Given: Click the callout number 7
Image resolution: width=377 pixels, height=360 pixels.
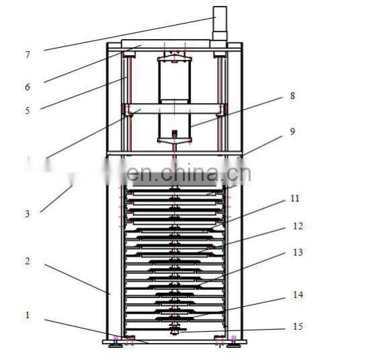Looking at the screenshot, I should point(28,55).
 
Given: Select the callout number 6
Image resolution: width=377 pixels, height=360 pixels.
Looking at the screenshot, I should point(28,87).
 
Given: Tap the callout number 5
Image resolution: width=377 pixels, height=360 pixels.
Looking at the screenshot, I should point(28,110).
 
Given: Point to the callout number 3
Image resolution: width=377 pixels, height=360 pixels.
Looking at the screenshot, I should point(28,214).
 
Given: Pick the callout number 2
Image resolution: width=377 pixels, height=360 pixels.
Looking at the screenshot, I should point(28,261).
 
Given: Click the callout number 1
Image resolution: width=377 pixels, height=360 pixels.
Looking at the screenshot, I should point(28,315).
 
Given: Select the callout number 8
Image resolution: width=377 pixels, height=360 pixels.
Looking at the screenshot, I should point(292,96).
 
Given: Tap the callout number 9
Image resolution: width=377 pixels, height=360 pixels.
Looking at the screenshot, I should point(292,132).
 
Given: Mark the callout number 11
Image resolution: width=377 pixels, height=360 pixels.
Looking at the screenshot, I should point(295,199).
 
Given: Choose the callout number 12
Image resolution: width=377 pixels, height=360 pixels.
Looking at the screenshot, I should point(298,227).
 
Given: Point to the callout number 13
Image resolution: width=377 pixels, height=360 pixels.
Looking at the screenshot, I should point(298,252).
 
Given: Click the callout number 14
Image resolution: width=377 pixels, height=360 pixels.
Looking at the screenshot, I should point(298,295).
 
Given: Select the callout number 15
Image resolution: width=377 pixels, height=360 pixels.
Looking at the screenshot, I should point(298,327).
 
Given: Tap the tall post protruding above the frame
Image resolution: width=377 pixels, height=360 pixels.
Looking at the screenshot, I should point(220,24).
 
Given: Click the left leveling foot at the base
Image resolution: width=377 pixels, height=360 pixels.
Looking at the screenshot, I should point(116,342).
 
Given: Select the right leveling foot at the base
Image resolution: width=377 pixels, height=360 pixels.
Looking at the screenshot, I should point(233,342).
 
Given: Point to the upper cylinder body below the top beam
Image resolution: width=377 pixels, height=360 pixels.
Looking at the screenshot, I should point(175,79).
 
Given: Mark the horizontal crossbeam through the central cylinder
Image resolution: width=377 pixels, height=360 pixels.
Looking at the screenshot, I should point(175,108).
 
